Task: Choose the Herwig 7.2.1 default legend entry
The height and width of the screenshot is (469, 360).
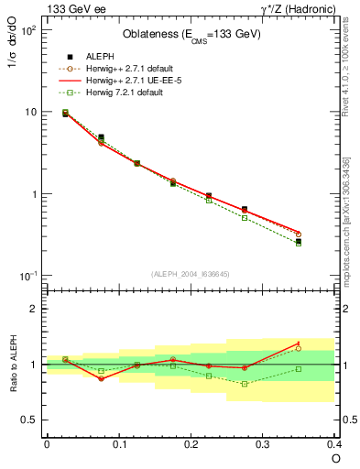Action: (x=124, y=93)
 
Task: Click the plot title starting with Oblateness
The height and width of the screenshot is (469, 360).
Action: (x=191, y=35)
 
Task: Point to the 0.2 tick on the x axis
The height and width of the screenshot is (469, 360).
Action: (x=191, y=443)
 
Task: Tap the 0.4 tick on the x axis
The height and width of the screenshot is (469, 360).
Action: (x=335, y=443)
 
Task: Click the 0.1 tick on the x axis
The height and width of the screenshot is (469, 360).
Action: (x=118, y=443)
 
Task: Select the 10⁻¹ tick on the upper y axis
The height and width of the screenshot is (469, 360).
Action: (x=29, y=277)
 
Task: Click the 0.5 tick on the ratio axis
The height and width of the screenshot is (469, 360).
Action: (x=28, y=420)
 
